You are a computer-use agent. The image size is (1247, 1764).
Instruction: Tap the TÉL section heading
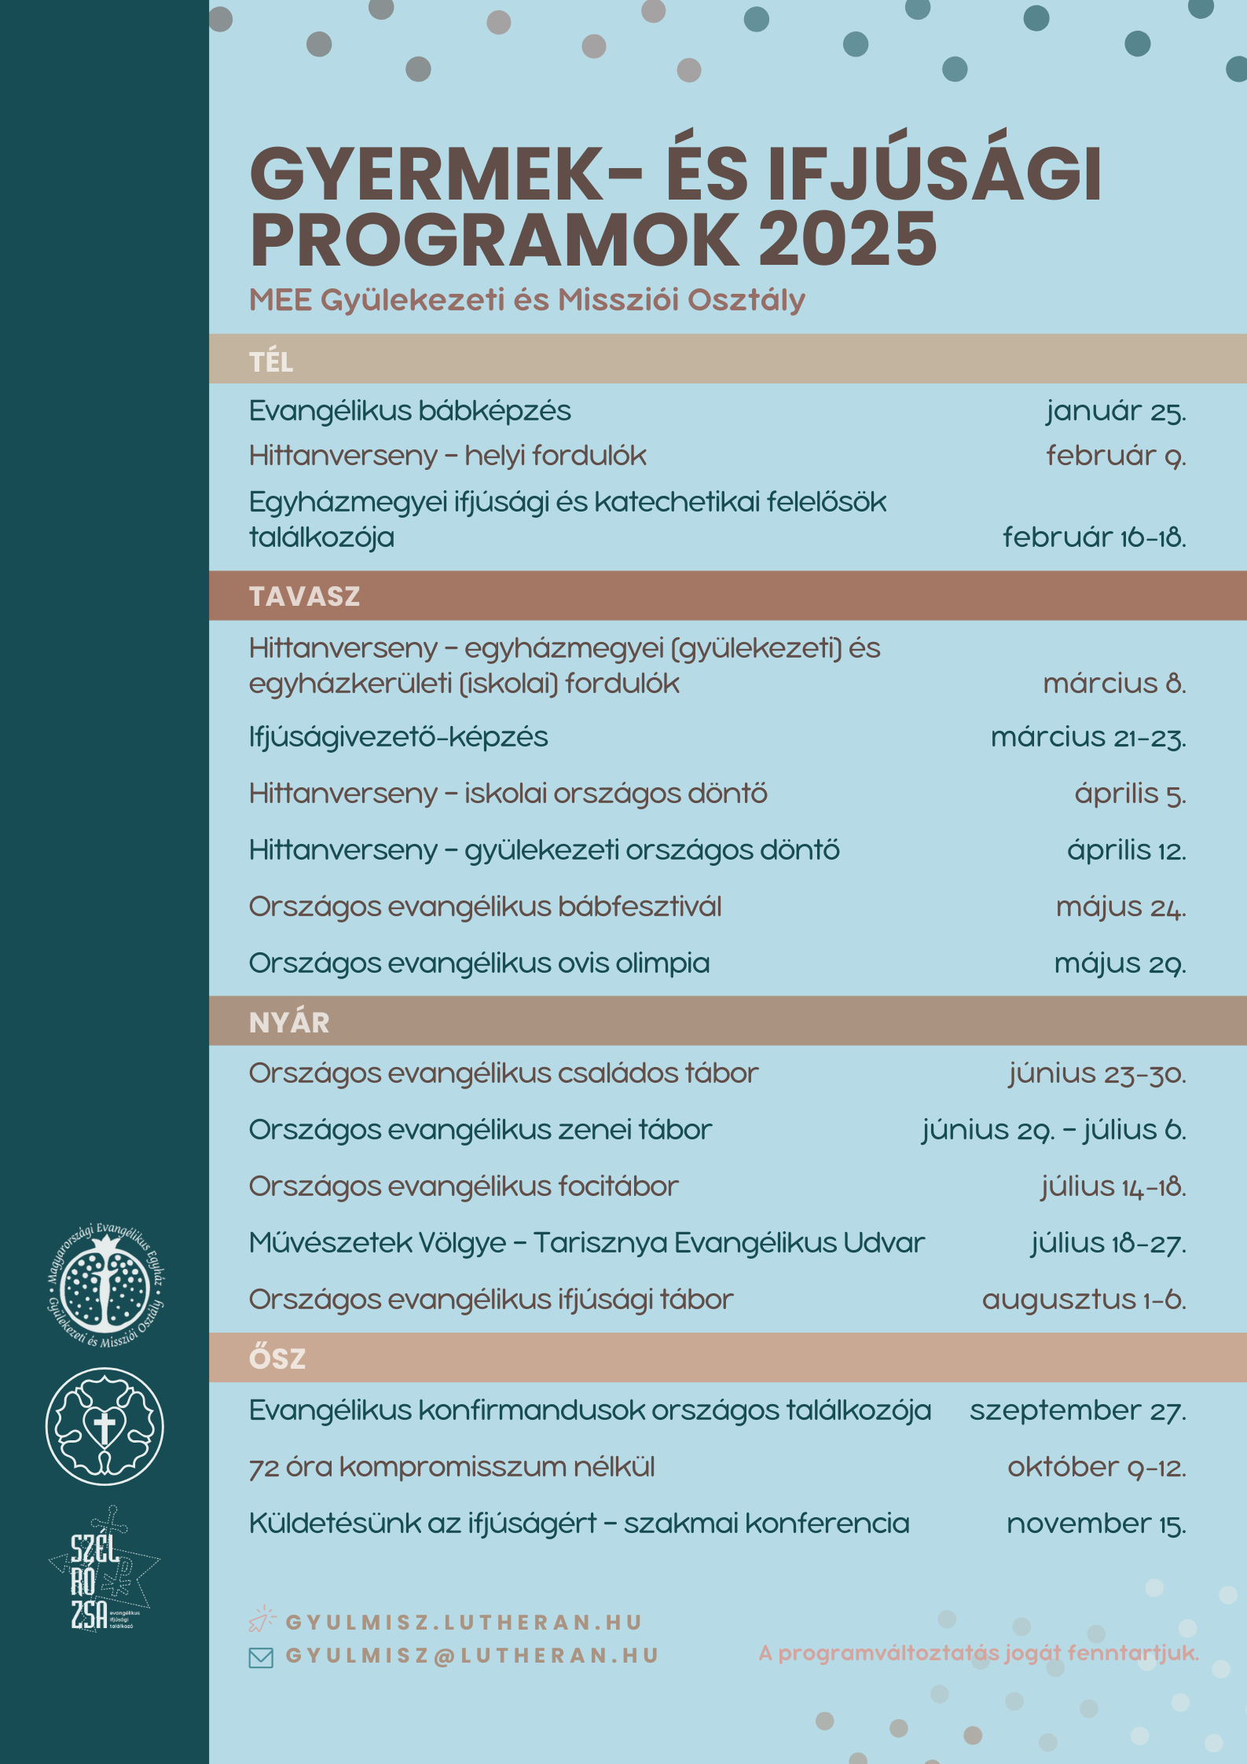click(x=271, y=361)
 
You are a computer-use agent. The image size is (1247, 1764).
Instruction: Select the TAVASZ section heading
click(x=304, y=596)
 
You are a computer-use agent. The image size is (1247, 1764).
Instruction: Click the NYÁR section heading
click(x=289, y=1022)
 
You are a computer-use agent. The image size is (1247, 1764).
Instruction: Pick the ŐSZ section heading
click(x=277, y=1359)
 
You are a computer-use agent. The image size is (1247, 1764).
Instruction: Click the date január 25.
click(x=1115, y=411)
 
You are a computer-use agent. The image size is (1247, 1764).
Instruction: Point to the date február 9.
click(x=1115, y=456)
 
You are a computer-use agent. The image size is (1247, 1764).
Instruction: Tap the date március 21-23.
click(x=1087, y=738)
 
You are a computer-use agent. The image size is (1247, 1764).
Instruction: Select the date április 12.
click(x=1125, y=850)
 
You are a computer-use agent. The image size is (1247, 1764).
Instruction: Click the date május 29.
click(x=1119, y=963)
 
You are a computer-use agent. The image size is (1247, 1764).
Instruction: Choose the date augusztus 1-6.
click(x=1083, y=1300)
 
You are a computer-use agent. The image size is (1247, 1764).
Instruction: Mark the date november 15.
click(x=1095, y=1524)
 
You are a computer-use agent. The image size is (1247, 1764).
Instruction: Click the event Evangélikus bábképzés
click(x=409, y=411)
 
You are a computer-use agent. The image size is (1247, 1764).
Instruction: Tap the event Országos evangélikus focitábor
click(x=463, y=1186)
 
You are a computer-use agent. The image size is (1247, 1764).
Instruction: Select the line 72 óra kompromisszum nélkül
click(x=451, y=1467)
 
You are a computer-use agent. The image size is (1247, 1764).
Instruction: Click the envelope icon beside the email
click(x=260, y=1658)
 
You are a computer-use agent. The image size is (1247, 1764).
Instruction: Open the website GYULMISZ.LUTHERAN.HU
click(x=464, y=1623)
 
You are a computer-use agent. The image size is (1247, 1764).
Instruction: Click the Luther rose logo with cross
click(x=105, y=1426)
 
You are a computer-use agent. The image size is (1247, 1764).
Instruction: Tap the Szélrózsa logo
click(x=102, y=1571)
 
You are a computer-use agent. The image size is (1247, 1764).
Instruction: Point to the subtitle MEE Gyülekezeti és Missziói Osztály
click(x=526, y=300)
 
